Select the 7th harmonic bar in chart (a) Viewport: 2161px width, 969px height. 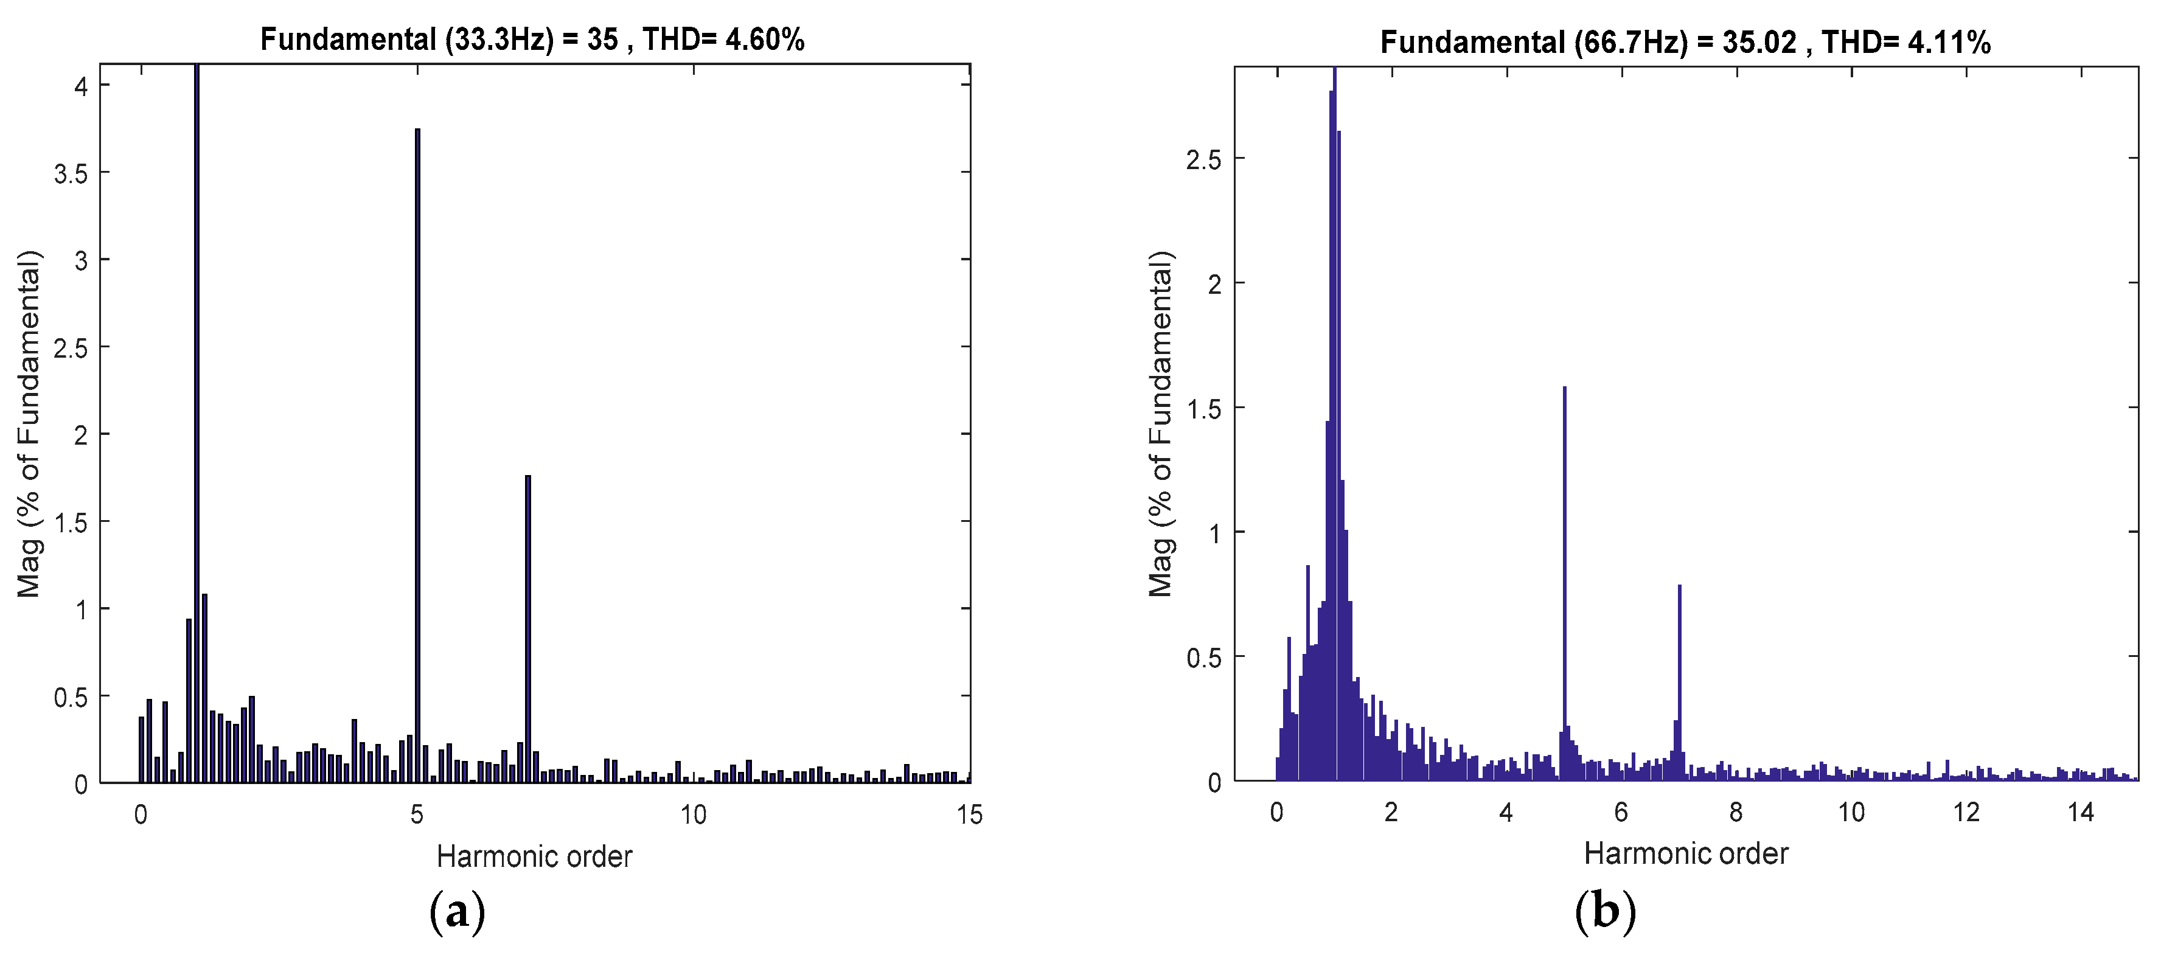click(x=527, y=629)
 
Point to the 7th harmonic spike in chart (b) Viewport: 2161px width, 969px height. click(x=1680, y=679)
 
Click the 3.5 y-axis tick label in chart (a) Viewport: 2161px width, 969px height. click(x=71, y=173)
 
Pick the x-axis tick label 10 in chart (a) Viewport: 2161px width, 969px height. click(x=693, y=814)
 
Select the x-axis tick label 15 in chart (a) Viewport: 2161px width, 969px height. click(x=969, y=814)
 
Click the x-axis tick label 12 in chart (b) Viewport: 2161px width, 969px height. click(x=1966, y=812)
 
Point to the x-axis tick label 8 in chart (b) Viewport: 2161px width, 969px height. click(x=1736, y=812)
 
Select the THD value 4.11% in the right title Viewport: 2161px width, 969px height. click(x=1949, y=42)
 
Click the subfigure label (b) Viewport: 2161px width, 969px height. click(x=1606, y=910)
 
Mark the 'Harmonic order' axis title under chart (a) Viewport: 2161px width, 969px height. click(x=534, y=856)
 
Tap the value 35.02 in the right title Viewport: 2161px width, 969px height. click(x=1759, y=42)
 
